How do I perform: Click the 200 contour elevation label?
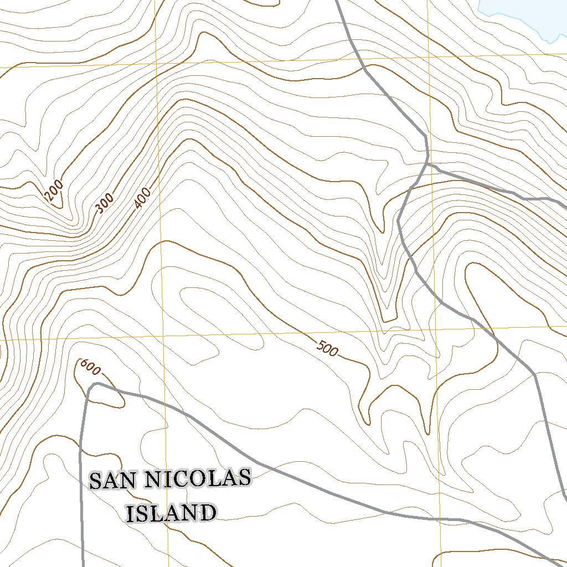(54, 192)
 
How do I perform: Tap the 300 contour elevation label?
(104, 204)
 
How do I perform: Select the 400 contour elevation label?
(142, 199)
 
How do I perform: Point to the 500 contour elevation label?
(327, 348)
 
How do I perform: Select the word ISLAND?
(171, 514)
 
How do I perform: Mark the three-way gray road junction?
(427, 164)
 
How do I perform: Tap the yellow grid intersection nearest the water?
(429, 57)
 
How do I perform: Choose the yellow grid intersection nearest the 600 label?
(164, 336)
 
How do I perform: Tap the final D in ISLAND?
(207, 514)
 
